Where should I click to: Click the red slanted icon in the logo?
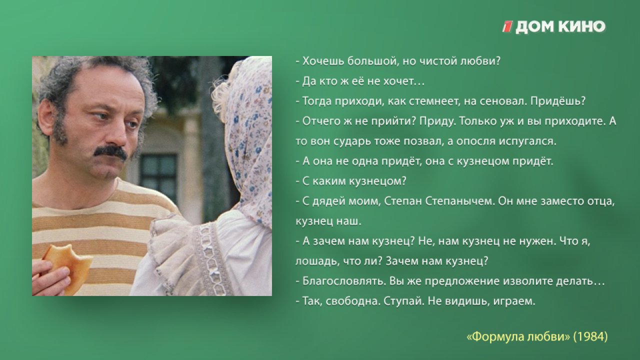click(507, 27)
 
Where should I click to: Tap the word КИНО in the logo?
click(582, 27)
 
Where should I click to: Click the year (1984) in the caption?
click(590, 336)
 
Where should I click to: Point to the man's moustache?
click(110, 152)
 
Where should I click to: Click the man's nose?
click(117, 135)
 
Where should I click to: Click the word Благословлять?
click(344, 281)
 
